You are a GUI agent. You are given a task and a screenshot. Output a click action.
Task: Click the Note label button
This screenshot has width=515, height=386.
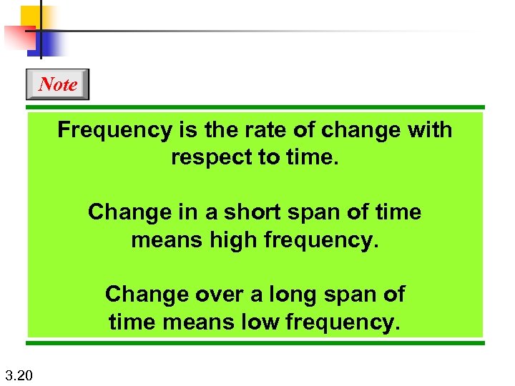[x=57, y=84]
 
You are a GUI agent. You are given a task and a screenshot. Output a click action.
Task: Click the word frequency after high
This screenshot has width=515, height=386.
[x=319, y=240]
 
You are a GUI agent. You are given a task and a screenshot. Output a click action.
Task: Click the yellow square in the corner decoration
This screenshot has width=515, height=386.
[x=31, y=16]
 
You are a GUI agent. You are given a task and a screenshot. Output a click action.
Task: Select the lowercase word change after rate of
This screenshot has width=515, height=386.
[x=360, y=131]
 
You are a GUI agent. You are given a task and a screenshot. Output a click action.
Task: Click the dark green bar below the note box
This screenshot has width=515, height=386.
[x=256, y=342]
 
